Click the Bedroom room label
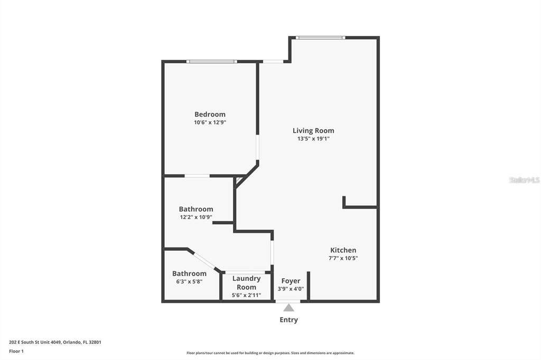pyautogui.click(x=210, y=114)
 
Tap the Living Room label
pyautogui.click(x=313, y=131)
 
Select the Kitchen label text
pyautogui.click(x=343, y=250)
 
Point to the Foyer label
pyautogui.click(x=291, y=281)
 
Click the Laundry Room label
pyautogui.click(x=246, y=283)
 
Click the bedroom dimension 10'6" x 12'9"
pyautogui.click(x=210, y=122)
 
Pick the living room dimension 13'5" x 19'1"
pyautogui.click(x=313, y=139)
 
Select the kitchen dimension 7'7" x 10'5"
pyautogui.click(x=343, y=258)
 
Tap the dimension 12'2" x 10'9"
pyautogui.click(x=196, y=217)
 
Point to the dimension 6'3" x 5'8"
pyautogui.click(x=189, y=281)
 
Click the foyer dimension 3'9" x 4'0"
pyautogui.click(x=291, y=289)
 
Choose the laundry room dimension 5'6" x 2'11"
pyautogui.click(x=246, y=295)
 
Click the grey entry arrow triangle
pyautogui.click(x=289, y=308)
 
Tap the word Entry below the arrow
pyautogui.click(x=289, y=320)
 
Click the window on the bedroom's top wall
pyautogui.click(x=211, y=62)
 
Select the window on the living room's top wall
pyautogui.click(x=320, y=37)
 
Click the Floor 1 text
pyautogui.click(x=16, y=352)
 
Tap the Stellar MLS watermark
pyautogui.click(x=525, y=180)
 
